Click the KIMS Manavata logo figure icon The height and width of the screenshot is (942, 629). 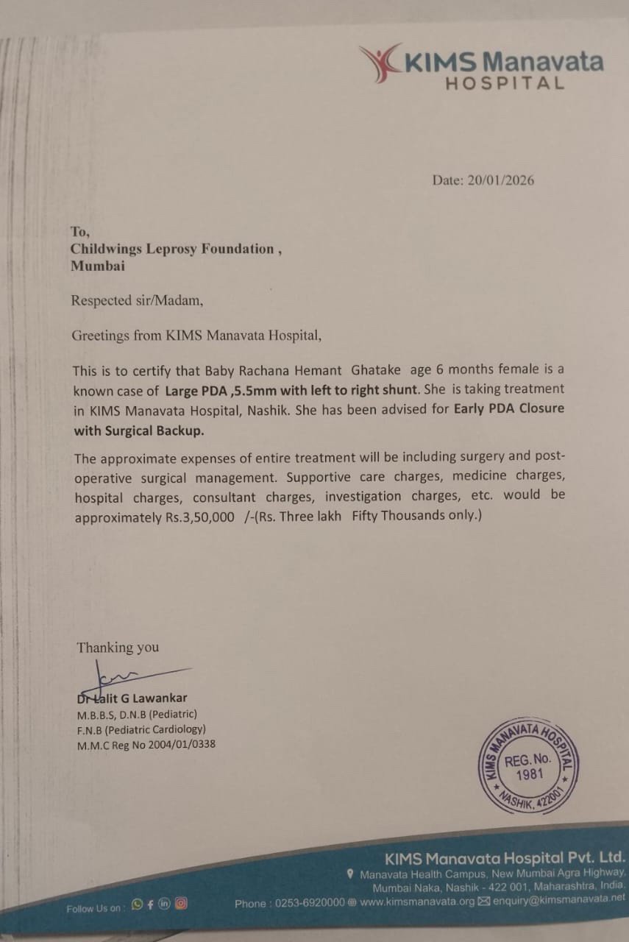pos(380,63)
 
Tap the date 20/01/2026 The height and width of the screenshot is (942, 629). pos(501,180)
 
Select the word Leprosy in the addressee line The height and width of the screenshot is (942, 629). pos(184,249)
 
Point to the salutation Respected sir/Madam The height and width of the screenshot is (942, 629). pos(136,300)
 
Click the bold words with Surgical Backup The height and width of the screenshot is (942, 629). pos(138,431)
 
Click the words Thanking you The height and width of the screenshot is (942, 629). pos(118,648)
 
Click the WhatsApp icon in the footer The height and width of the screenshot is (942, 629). pos(137,904)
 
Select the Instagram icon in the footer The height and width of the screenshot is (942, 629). pos(181,904)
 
